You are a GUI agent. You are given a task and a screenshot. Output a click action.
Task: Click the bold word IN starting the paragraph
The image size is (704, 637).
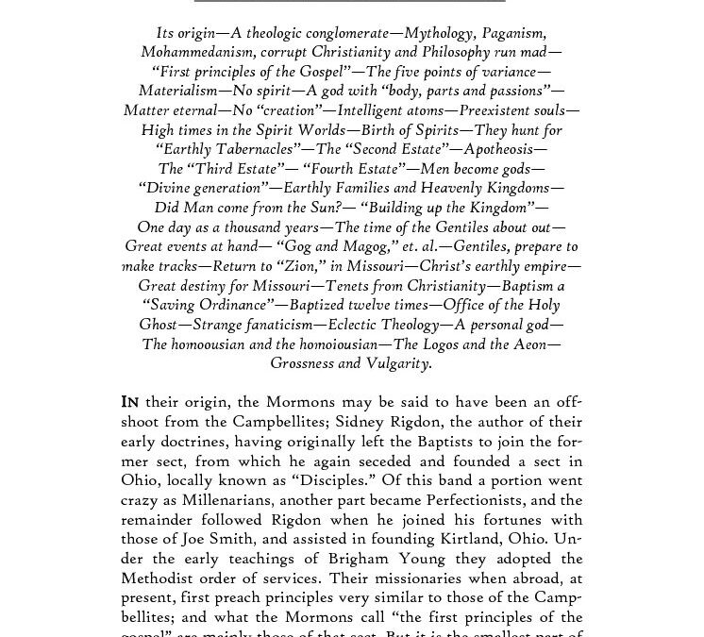131,401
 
